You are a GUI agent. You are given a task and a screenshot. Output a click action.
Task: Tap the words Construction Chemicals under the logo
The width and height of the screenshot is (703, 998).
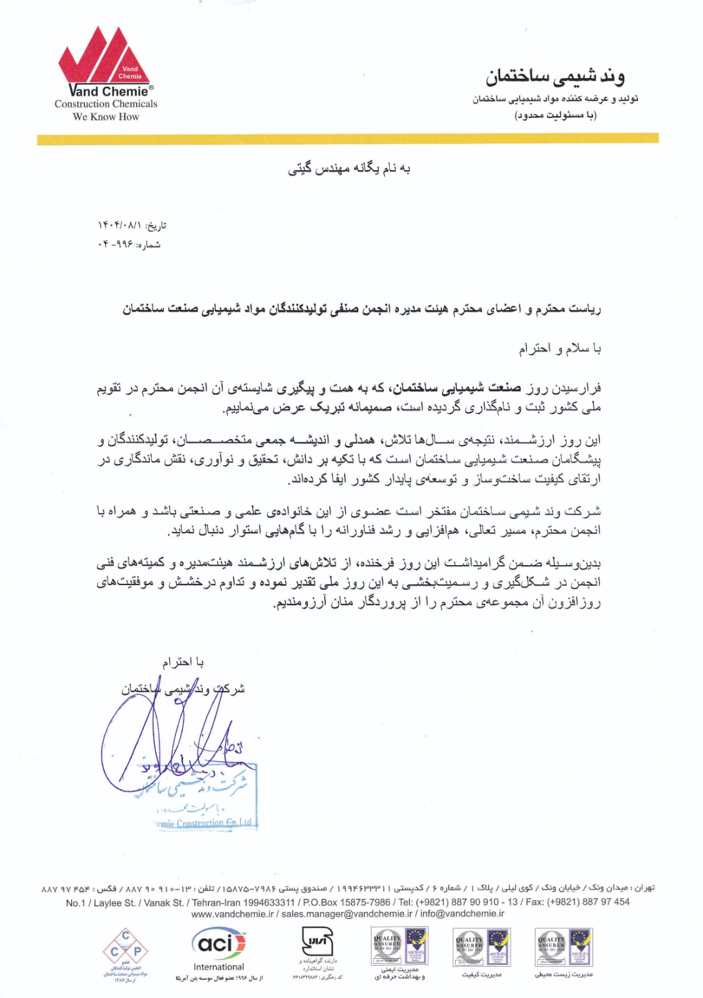tap(106, 104)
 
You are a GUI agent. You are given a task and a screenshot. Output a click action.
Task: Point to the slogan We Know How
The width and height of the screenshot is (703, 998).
tap(106, 117)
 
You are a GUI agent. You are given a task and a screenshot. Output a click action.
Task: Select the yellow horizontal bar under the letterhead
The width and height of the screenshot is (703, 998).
tap(348, 138)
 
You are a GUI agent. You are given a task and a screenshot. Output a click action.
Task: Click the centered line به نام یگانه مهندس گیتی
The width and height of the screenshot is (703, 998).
tap(349, 168)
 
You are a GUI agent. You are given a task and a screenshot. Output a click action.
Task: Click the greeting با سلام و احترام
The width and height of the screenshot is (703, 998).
tap(559, 349)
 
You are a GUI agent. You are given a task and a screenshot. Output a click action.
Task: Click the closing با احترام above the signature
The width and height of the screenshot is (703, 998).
tap(183, 662)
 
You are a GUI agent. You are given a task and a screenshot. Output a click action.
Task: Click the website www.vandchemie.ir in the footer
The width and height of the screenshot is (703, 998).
tap(232, 913)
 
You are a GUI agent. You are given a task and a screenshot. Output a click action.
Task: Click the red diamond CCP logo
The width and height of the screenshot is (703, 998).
tap(125, 951)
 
